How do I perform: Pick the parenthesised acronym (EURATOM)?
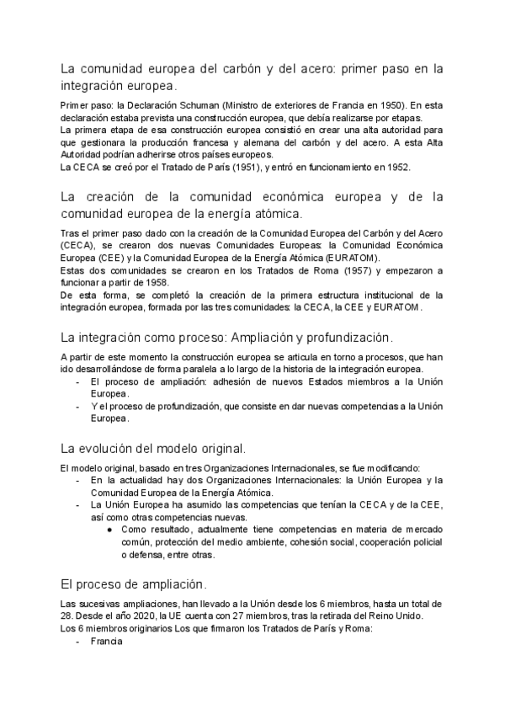point(350,257)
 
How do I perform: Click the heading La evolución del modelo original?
point(153,446)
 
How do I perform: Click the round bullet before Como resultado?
point(111,530)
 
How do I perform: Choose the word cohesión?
point(317,542)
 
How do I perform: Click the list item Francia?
point(106,641)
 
